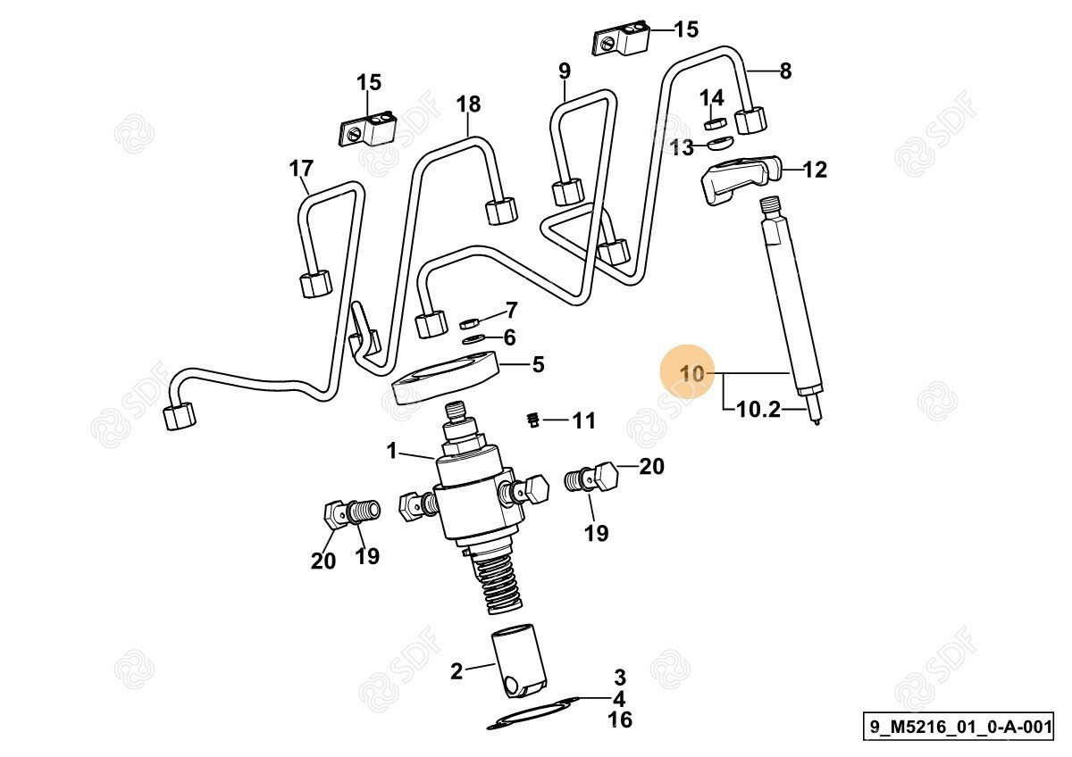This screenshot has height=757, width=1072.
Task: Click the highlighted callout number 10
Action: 692,373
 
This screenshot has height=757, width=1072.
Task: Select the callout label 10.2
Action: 758,411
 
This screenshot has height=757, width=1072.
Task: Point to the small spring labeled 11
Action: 532,418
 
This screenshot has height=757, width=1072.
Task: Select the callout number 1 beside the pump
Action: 391,452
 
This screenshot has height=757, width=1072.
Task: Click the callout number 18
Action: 468,104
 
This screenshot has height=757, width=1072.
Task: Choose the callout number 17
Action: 301,168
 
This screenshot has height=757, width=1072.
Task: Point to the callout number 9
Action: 564,70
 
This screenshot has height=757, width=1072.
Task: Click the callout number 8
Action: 785,71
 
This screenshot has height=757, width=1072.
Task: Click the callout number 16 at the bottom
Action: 619,720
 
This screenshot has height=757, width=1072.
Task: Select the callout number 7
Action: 511,311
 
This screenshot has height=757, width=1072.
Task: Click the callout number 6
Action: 509,337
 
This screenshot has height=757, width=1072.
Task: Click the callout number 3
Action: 619,677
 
